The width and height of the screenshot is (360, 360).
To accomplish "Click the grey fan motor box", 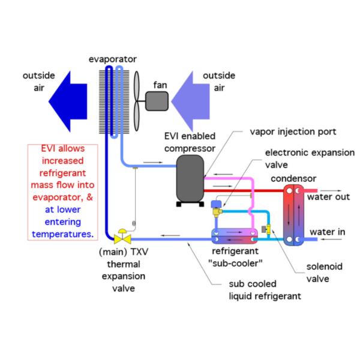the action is tap(157, 101).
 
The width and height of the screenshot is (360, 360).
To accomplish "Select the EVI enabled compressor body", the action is tap(190, 178).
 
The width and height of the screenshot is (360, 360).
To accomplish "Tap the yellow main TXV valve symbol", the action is tap(122, 236).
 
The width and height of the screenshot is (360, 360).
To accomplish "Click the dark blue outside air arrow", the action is tap(68, 101).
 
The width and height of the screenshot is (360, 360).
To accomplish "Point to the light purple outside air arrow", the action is tap(191, 101).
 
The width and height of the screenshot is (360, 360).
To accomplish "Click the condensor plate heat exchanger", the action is tap(293, 215).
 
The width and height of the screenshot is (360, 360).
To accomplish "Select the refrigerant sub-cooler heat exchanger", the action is tap(235, 236).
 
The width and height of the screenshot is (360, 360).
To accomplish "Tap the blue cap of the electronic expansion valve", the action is tap(216, 204).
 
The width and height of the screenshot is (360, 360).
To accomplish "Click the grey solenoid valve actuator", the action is tap(264, 229).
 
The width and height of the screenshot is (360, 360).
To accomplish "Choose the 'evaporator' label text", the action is tap(113, 59).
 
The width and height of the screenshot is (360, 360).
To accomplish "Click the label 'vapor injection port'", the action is tap(293, 132).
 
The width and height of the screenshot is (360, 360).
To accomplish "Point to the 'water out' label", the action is tap(329, 197).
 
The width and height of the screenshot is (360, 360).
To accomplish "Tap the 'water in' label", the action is tap(328, 232).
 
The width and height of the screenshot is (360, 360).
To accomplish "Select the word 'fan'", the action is tap(160, 85).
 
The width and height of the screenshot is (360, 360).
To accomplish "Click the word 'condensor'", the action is tap(293, 179).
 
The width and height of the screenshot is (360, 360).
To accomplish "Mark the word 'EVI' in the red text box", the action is tap(49, 149).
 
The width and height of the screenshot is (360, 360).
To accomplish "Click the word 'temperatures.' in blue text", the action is tap(62, 234).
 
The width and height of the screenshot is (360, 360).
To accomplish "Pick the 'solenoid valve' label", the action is tap(324, 272).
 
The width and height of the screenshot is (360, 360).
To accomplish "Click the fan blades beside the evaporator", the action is tap(137, 101).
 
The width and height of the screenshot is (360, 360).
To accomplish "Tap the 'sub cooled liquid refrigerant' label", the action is tap(265, 290).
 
